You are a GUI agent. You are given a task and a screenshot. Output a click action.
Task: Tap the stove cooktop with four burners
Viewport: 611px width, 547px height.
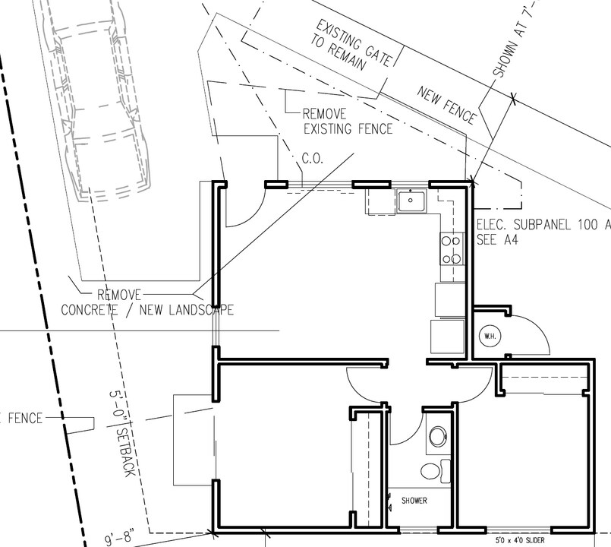[x=452, y=249]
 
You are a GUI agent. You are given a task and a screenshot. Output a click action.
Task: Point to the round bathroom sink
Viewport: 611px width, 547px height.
[x=438, y=436]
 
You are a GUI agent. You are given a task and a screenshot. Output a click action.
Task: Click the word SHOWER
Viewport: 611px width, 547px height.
[x=414, y=501]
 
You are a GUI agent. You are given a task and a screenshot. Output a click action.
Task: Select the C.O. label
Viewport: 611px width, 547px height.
[x=312, y=160]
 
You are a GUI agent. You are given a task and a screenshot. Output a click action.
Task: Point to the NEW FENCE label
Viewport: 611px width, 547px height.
[x=447, y=105]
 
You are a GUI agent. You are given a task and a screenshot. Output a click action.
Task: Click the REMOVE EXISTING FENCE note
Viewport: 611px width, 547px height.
[x=348, y=122]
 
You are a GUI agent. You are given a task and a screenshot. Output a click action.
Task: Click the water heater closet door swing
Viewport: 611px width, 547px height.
[x=531, y=334]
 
